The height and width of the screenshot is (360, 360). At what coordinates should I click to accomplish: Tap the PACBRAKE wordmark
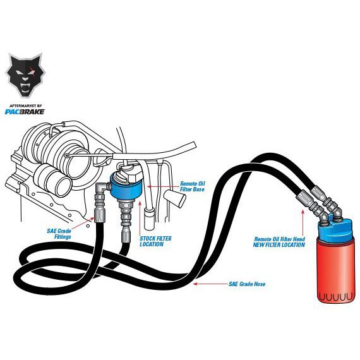pyautogui.click(x=25, y=112)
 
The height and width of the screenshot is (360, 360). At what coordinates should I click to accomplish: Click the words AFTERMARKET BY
pyautogui.click(x=25, y=106)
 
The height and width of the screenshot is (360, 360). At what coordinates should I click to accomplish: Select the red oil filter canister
pyautogui.click(x=335, y=270)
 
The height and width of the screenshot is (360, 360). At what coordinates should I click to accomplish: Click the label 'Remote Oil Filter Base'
pyautogui.click(x=192, y=186)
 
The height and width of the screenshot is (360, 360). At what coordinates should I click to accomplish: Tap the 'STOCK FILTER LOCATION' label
pyautogui.click(x=155, y=241)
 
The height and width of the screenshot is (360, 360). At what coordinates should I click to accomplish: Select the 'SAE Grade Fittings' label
pyautogui.click(x=59, y=234)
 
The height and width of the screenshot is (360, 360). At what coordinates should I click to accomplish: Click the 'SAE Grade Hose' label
pyautogui.click(x=247, y=284)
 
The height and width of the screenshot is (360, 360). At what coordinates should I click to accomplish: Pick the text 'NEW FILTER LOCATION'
pyautogui.click(x=279, y=245)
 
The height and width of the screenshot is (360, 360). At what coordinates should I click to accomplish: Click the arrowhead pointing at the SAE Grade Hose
pyautogui.click(x=195, y=284)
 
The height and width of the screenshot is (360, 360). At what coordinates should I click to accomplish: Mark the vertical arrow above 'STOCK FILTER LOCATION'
pyautogui.click(x=140, y=217)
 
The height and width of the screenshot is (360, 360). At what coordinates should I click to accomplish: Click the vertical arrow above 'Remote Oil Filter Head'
pyautogui.click(x=303, y=223)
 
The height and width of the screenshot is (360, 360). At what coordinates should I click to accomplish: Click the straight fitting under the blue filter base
pyautogui.click(x=126, y=212)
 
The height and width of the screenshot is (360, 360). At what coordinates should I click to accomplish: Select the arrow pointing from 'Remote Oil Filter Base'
pyautogui.click(x=162, y=187)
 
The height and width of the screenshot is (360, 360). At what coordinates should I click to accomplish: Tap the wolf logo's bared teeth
pyautogui.click(x=25, y=87)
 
